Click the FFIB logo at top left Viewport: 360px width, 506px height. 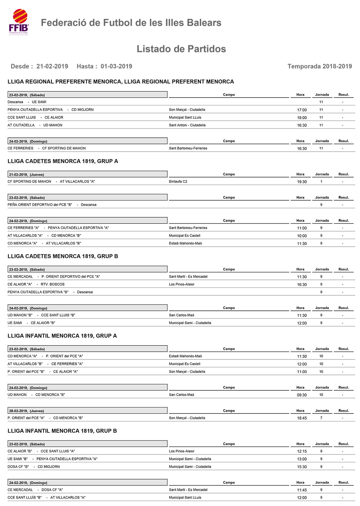click(19, 22)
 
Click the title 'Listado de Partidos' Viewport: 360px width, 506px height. click(181, 49)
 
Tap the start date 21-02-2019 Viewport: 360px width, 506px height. click(52, 66)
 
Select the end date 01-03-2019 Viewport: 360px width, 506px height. click(116, 66)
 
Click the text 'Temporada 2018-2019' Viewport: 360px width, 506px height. click(319, 66)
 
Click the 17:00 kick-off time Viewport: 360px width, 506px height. click(302, 110)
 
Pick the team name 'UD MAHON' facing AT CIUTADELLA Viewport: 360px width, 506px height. click(53, 125)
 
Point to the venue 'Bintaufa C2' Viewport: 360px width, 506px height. click(178, 182)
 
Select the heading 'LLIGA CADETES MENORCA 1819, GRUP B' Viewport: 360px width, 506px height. click(63, 256)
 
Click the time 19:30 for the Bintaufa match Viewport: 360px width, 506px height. click(302, 182)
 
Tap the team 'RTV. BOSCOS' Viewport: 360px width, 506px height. click(53, 285)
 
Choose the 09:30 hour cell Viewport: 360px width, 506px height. click(302, 395)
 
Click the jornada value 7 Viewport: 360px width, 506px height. click(321, 418)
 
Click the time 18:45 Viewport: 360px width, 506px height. click(302, 418)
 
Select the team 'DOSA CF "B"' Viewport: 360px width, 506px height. click(18, 467)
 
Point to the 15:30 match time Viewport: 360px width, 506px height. click(302, 467)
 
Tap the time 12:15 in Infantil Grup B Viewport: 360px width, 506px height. click(302, 451)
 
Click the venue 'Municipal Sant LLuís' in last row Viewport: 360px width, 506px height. click(185, 498)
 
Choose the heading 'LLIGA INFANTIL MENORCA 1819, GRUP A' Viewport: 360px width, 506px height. click(62, 336)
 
